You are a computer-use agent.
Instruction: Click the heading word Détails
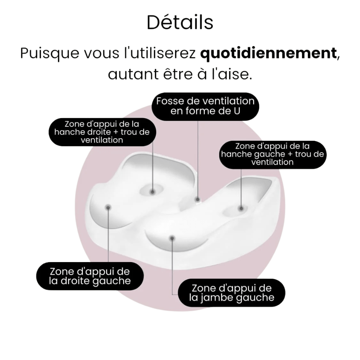180,22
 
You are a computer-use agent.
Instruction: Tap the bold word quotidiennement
269,54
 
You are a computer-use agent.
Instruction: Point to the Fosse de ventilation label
205,106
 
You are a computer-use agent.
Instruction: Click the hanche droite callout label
102,132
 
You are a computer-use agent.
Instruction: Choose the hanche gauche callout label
273,154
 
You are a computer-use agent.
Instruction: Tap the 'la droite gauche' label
90,276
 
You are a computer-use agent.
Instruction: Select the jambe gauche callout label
231,293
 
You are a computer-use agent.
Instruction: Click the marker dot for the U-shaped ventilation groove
198,199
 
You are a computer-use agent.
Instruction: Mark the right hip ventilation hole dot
153,192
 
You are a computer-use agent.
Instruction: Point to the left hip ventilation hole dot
241,208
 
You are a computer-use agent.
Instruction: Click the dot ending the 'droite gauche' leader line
108,208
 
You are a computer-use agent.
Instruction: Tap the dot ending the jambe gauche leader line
172,238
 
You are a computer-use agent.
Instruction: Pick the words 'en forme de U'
205,111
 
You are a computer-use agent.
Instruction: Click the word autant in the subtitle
134,75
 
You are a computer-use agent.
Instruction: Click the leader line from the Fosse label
198,159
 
